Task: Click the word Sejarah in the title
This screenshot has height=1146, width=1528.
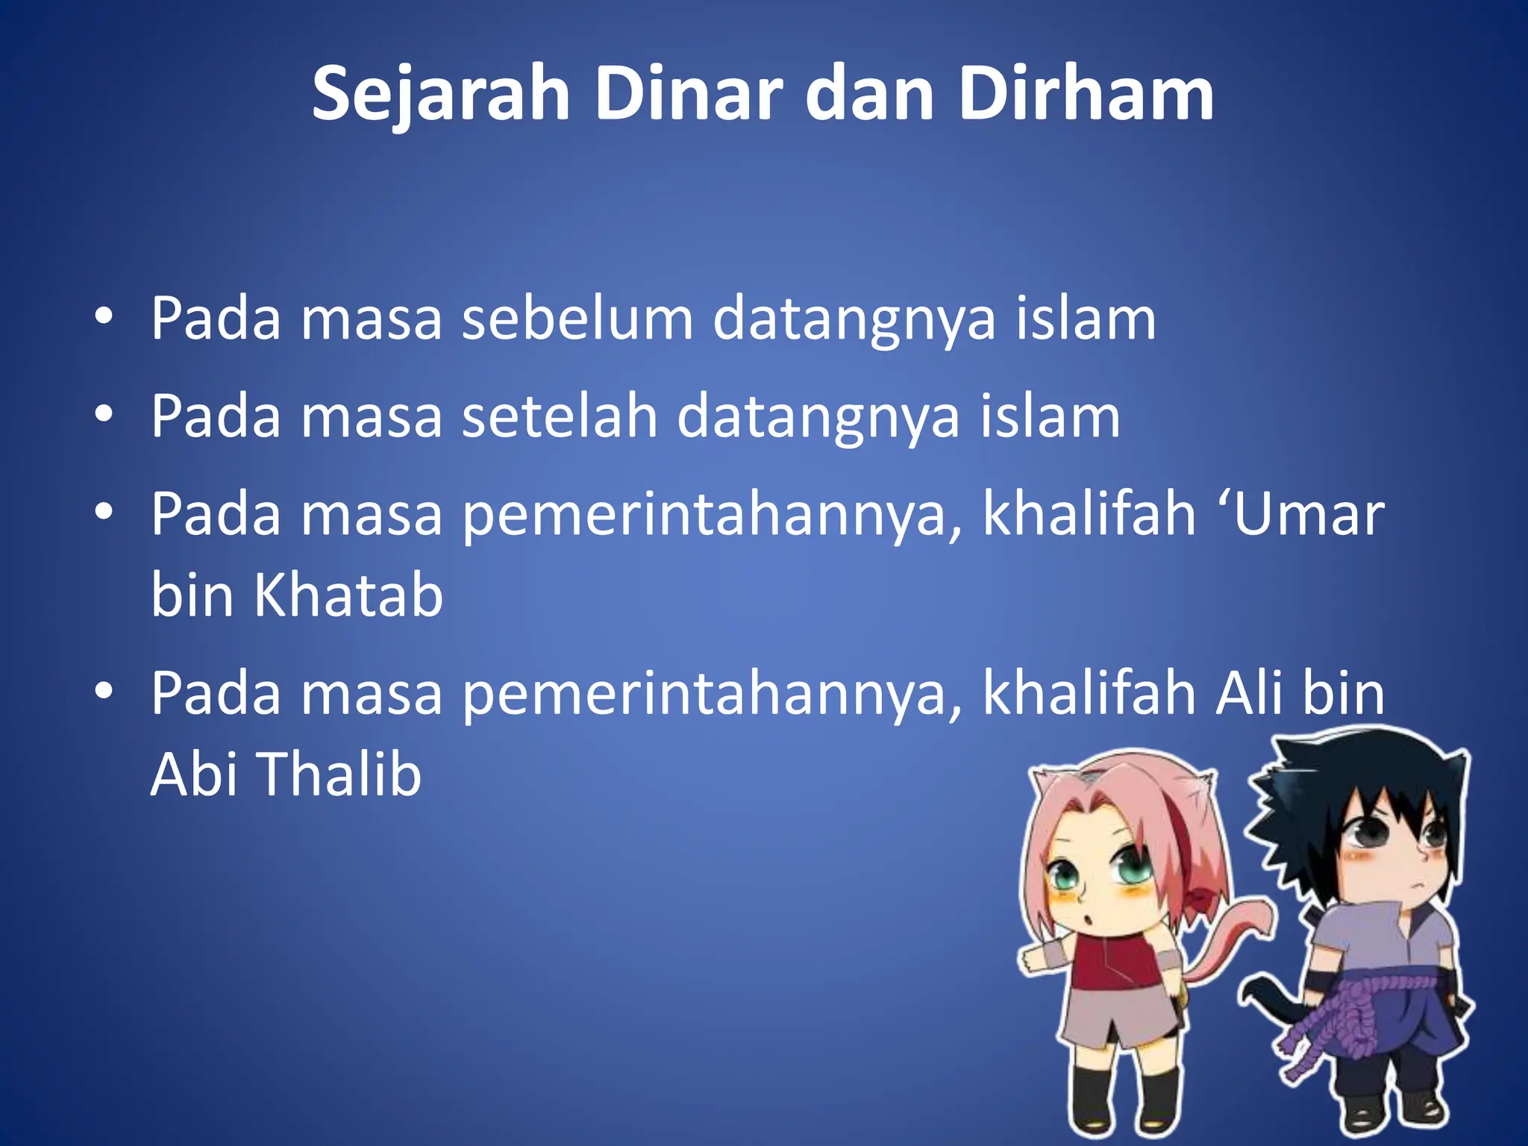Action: tap(440, 95)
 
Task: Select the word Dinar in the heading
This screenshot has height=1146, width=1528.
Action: tap(687, 95)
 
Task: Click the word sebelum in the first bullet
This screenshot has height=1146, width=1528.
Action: tap(577, 319)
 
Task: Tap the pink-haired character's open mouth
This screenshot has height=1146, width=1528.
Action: tap(1089, 919)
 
